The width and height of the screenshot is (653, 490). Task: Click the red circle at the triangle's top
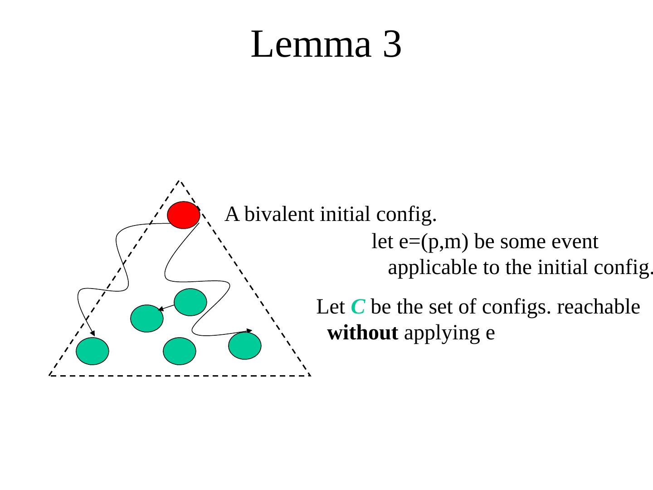coord(183,215)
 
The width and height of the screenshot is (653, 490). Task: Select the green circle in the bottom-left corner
coord(93,351)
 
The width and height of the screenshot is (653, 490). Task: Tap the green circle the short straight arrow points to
coord(147,318)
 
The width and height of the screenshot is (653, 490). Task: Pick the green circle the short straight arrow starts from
coord(190,302)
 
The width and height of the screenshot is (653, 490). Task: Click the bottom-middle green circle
coord(180,351)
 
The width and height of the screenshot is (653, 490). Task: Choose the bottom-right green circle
coord(245,346)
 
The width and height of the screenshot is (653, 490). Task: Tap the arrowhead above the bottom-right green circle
coord(249,330)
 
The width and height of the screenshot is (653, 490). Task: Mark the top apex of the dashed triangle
coord(179,181)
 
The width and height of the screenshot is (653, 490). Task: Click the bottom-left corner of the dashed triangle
coord(49,375)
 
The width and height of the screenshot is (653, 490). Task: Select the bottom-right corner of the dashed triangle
coord(310,375)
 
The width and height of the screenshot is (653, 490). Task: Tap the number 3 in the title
coord(392,44)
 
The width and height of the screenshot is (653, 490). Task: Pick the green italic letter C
coord(358,307)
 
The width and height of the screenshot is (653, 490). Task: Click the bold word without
coord(363,333)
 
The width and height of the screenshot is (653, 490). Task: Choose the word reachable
coord(598,307)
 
